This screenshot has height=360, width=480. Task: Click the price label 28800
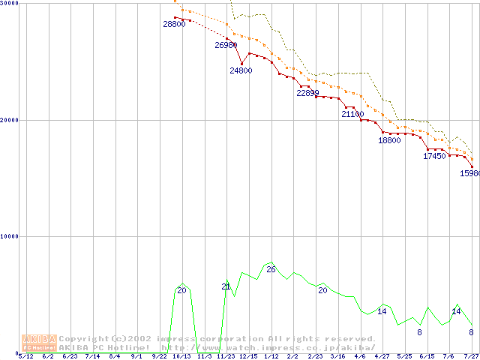[174, 25]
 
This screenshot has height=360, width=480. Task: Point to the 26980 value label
[226, 46]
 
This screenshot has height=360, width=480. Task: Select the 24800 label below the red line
[241, 70]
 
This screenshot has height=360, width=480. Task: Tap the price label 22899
[307, 94]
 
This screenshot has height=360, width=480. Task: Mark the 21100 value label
[352, 115]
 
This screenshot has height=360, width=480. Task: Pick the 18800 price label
[389, 141]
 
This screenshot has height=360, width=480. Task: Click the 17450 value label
[434, 157]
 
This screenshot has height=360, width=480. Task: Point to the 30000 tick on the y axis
[10, 4]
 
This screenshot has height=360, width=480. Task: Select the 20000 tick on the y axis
[10, 120]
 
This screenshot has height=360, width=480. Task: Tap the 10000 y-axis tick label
[10, 236]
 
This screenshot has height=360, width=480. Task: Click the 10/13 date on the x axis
[181, 356]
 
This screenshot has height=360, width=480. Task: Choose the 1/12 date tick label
[271, 356]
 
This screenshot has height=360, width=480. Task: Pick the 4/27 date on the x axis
[382, 356]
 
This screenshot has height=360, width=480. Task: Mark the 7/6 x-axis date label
[449, 356]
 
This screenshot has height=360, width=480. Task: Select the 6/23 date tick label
[70, 356]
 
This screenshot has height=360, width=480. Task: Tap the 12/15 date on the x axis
[248, 356]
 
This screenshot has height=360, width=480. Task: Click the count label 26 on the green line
[271, 269]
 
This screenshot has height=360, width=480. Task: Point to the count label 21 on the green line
[226, 287]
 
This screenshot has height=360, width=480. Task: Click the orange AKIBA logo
[39, 343]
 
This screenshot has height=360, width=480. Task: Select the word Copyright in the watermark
[81, 338]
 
